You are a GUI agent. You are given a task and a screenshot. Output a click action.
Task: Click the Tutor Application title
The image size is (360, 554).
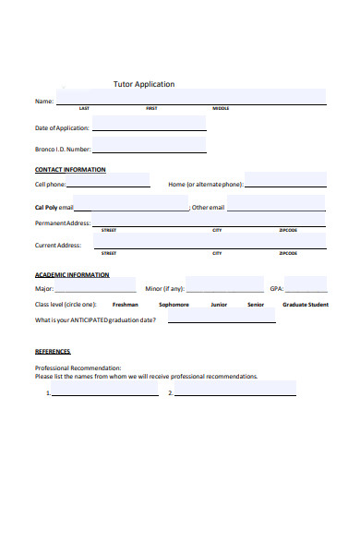pos(143,84)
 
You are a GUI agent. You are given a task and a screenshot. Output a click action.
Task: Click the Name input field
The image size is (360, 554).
pos(190,97)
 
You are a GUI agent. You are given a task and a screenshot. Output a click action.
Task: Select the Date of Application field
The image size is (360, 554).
pos(149,124)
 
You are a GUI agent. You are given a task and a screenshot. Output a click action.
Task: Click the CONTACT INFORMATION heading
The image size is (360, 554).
pos(70,170)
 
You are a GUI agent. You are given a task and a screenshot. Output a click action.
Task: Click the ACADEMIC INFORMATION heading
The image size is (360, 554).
pos(72,274)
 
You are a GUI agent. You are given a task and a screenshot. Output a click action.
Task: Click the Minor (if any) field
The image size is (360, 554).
pos(220,286)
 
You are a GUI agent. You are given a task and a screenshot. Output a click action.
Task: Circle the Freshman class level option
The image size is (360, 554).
pos(126,304)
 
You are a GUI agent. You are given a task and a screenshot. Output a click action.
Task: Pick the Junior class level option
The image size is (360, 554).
pos(219,304)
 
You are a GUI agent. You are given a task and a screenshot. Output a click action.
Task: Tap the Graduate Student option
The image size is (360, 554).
pos(305,304)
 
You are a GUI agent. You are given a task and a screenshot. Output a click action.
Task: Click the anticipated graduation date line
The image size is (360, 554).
pos(222,319)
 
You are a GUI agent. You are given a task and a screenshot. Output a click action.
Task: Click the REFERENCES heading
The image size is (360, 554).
pos(53,352)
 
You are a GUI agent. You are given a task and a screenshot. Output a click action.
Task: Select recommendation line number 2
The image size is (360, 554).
pos(235,392)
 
